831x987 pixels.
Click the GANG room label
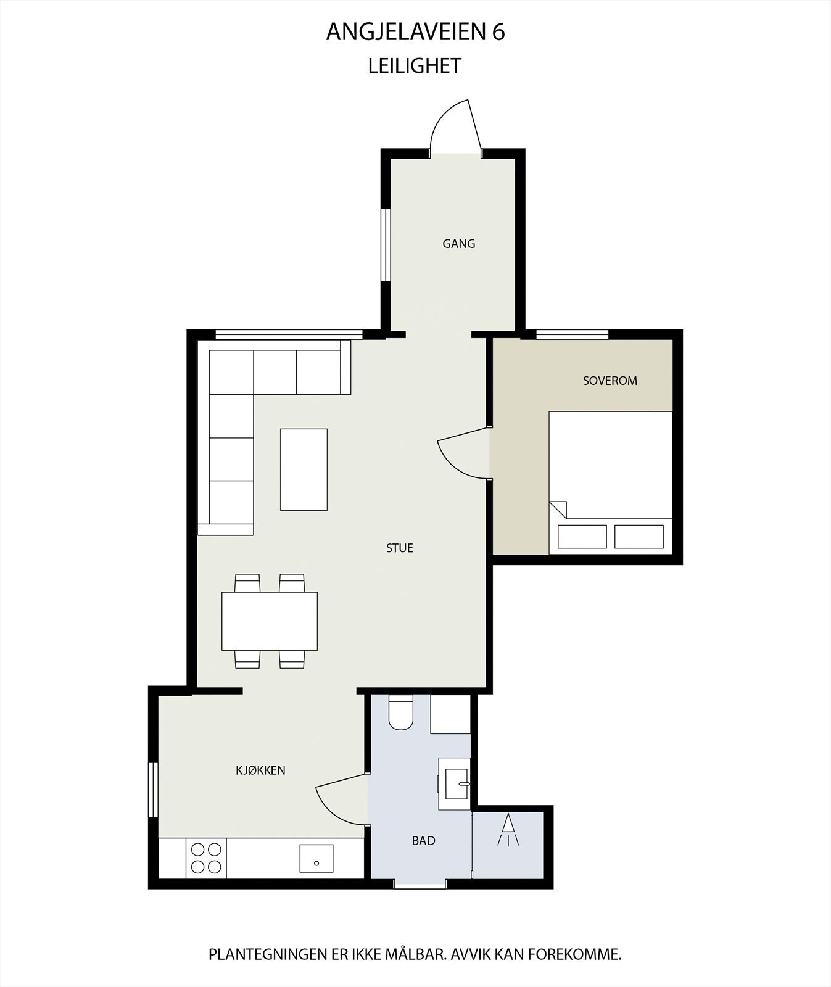point(458,244)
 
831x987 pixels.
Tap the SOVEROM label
point(610,381)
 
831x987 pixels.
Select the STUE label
point(399,548)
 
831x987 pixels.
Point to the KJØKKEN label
point(260,770)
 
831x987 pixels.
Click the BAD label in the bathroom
point(423,840)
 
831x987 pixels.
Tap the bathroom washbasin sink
point(455,784)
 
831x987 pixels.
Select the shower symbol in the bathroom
point(508,830)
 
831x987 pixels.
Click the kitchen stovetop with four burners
point(206,857)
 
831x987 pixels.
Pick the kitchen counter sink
point(316,858)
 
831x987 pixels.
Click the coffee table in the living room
point(304,469)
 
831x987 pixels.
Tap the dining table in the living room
point(270,621)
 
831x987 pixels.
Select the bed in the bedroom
point(610,481)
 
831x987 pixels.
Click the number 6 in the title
point(498,33)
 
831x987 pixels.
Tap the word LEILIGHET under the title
point(415,66)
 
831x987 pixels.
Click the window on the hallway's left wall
point(386,246)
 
